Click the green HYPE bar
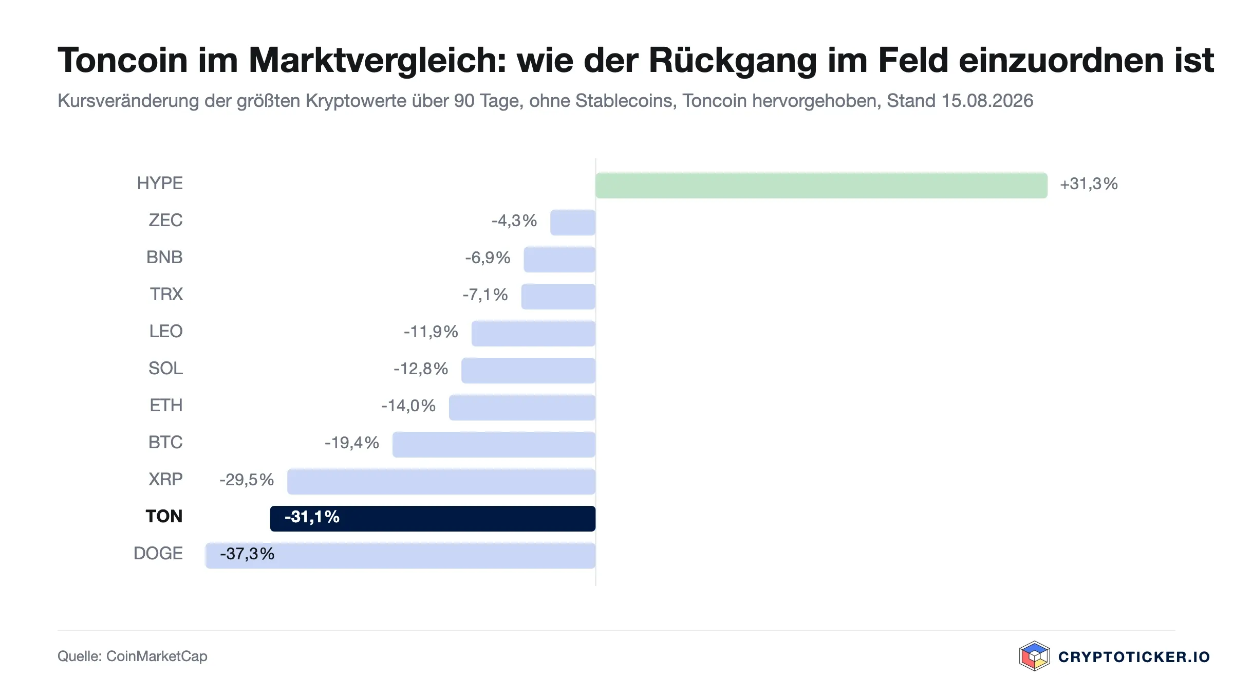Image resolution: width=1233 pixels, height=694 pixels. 821,186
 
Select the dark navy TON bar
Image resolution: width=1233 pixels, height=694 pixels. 433,519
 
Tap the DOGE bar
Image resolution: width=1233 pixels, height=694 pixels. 400,556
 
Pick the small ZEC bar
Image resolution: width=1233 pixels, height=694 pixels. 573,223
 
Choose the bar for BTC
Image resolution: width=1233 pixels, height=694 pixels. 494,445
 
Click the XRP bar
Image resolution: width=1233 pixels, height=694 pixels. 441,482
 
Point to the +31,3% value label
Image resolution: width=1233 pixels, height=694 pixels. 1089,184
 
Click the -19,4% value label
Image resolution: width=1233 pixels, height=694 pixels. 352,443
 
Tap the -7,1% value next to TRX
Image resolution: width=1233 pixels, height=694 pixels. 485,295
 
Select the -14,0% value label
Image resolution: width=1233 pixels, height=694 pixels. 408,406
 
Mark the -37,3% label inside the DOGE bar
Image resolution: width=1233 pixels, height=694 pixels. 247,554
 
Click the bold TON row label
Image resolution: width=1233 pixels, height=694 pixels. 164,517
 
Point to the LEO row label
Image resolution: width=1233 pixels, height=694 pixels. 166,332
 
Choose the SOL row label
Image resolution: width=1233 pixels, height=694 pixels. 165,369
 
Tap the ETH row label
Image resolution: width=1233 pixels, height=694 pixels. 166,406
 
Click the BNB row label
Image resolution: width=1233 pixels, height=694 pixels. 164,258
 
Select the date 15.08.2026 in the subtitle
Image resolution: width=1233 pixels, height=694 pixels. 987,101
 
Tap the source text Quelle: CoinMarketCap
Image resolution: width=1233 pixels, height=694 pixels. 133,656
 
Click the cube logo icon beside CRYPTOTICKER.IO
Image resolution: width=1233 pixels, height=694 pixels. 1034,656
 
